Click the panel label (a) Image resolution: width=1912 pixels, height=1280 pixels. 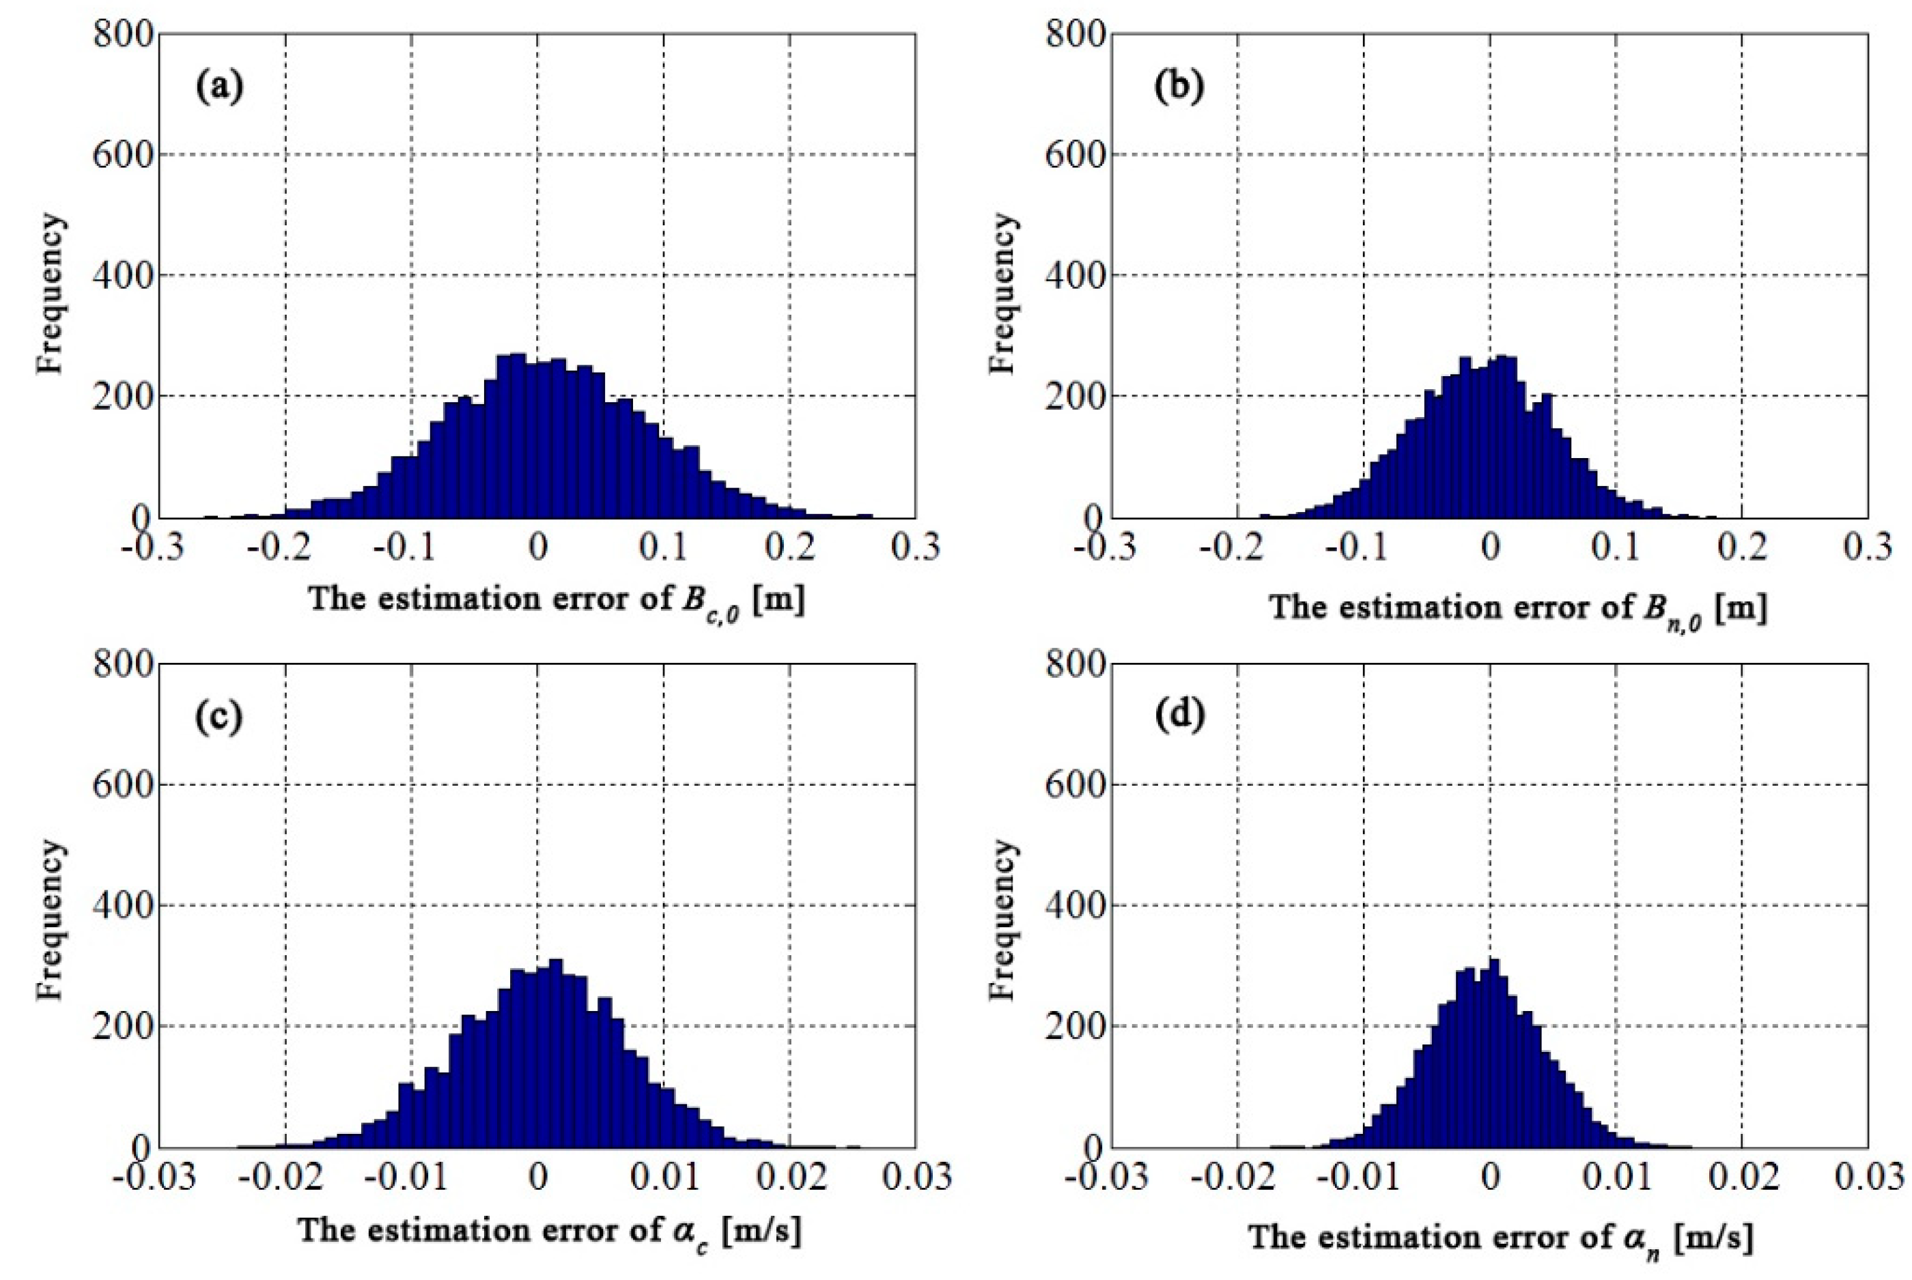(x=219, y=87)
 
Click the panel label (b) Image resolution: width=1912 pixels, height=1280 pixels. (x=1178, y=87)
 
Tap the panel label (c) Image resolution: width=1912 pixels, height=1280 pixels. (x=218, y=717)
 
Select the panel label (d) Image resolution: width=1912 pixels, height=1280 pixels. (x=1178, y=717)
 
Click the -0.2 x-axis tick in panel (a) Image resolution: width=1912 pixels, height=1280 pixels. (x=284, y=547)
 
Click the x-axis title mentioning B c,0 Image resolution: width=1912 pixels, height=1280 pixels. (x=555, y=600)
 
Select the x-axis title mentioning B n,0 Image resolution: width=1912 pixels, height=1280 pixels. (x=1517, y=608)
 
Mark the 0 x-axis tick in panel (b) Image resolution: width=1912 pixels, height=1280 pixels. (x=1490, y=547)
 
